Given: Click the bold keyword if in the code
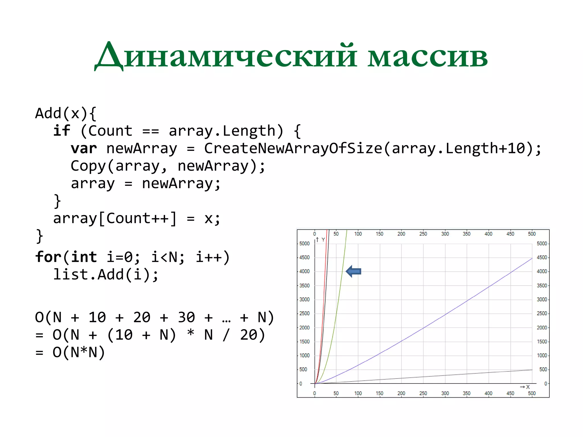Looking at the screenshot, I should pyautogui.click(x=61, y=131).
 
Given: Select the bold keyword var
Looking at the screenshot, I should pyautogui.click(x=84, y=149).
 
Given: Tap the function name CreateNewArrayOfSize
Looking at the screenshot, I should pyautogui.click(x=293, y=149).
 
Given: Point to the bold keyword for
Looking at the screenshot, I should pyautogui.click(x=48, y=257).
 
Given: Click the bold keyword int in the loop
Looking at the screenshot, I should pyautogui.click(x=84, y=257).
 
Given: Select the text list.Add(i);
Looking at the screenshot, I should pyautogui.click(x=106, y=275).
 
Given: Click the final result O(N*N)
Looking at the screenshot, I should pyautogui.click(x=79, y=352).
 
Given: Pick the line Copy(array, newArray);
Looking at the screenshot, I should pyautogui.click(x=168, y=166).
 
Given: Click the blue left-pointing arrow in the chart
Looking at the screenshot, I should pyautogui.click(x=354, y=271).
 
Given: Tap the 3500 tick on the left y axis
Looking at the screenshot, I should pyautogui.click(x=304, y=285).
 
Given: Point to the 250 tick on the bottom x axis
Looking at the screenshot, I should pyautogui.click(x=423, y=393).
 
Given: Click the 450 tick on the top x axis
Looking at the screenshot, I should pyautogui.click(x=510, y=234).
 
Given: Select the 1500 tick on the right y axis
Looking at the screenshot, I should pyautogui.click(x=542, y=341).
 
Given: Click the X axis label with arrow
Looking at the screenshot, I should pyautogui.click(x=525, y=387).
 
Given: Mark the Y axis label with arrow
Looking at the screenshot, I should pyautogui.click(x=321, y=240).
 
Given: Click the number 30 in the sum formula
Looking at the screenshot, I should pyautogui.click(x=186, y=317).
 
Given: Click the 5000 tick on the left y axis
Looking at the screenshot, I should pyautogui.click(x=304, y=244).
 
